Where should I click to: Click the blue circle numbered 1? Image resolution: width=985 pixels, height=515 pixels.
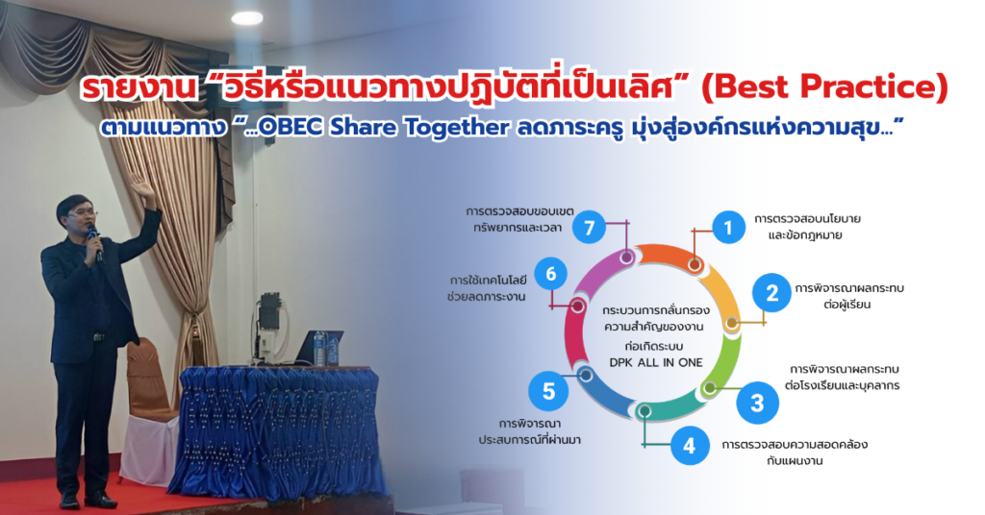pos(729,227)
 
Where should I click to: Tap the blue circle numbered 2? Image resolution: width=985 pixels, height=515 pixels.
pos(772,292)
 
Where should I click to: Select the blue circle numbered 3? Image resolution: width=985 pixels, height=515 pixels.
pos(757,403)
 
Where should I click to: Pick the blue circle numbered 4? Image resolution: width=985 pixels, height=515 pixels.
pos(689,446)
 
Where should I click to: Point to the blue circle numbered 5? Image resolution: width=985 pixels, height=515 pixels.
pos(548,391)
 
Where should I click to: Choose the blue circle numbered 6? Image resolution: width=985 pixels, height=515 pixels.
pos(551,274)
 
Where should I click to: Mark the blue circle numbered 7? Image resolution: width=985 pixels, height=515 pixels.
pos(589,227)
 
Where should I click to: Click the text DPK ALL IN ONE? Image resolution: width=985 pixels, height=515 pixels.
pos(656,362)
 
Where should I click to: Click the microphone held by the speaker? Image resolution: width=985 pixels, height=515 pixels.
pos(95,241)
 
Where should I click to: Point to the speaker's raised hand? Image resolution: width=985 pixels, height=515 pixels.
pos(145,192)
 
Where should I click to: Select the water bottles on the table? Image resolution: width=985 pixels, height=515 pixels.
pos(325,349)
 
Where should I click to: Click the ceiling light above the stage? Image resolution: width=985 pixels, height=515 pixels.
pos(247,18)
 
